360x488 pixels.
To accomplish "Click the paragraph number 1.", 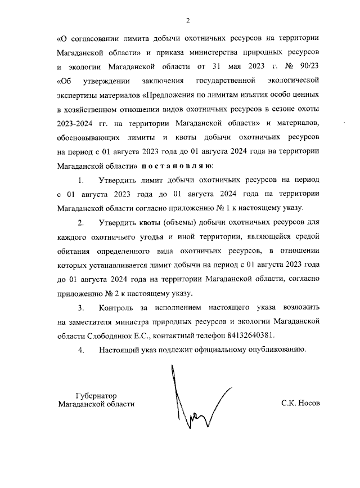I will click(x=81, y=180).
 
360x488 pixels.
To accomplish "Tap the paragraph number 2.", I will click(x=81, y=222).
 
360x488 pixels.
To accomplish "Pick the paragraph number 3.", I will click(x=81, y=308).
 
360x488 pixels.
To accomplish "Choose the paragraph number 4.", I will click(x=81, y=350).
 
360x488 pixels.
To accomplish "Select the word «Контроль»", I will click(x=118, y=308).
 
